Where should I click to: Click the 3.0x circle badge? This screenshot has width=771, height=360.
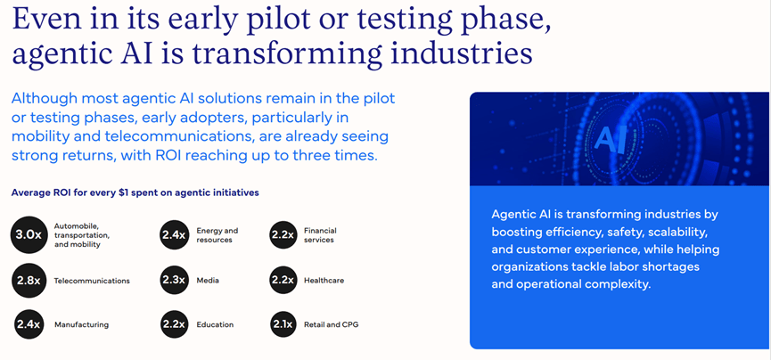pyautogui.click(x=29, y=234)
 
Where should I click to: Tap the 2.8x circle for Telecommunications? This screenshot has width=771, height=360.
pyautogui.click(x=29, y=281)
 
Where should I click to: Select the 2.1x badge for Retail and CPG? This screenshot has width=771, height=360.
pyautogui.click(x=283, y=324)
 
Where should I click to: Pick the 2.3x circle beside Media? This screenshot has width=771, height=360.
pyautogui.click(x=174, y=280)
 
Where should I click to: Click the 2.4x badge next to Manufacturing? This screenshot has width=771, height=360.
pyautogui.click(x=29, y=324)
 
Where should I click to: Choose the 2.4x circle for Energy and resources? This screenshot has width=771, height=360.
pyautogui.click(x=174, y=234)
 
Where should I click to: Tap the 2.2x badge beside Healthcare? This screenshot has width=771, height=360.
pyautogui.click(x=283, y=280)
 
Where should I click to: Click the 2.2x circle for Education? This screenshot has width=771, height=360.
pyautogui.click(x=174, y=324)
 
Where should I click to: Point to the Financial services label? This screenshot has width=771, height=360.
pyautogui.click(x=320, y=235)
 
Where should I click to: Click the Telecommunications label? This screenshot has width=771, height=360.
pyautogui.click(x=92, y=281)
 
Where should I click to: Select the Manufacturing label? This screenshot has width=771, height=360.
pyautogui.click(x=82, y=324)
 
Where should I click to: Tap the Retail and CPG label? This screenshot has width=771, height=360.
pyautogui.click(x=332, y=324)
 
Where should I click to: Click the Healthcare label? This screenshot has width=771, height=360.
pyautogui.click(x=324, y=281)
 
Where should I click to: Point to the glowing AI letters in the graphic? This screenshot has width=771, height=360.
pyautogui.click(x=611, y=140)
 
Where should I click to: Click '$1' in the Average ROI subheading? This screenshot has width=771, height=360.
pyautogui.click(x=125, y=192)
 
